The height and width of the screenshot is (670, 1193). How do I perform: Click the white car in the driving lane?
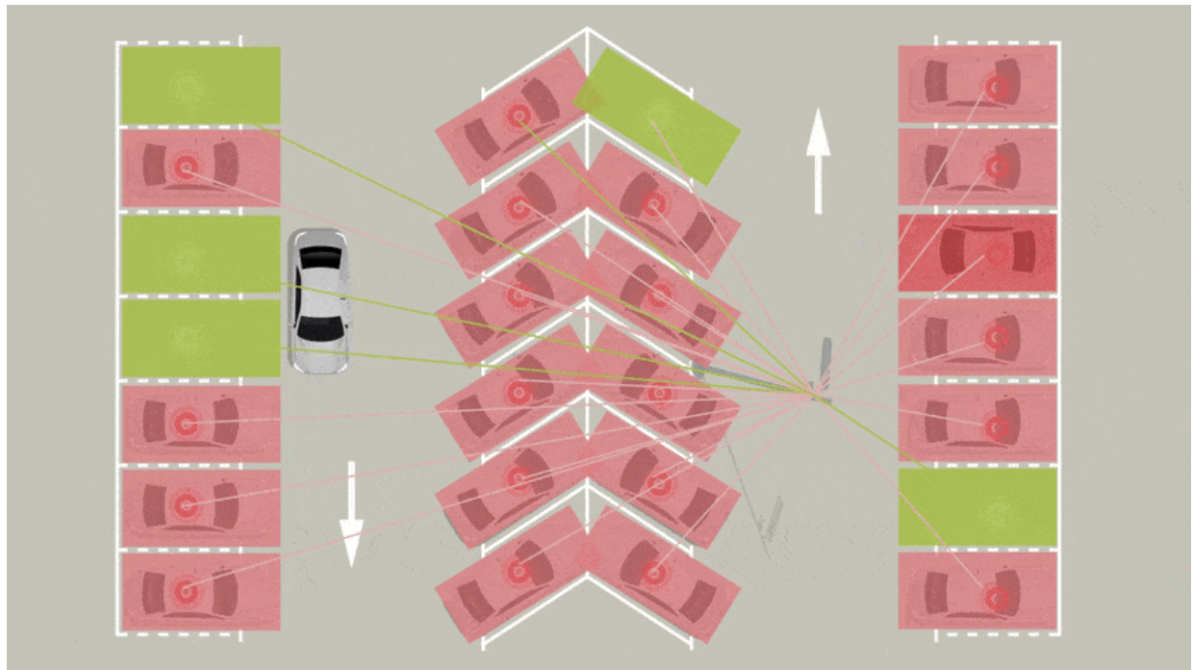[x=319, y=300]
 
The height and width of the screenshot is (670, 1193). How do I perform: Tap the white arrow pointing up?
[x=818, y=160]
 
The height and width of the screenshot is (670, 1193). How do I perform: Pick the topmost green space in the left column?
[x=199, y=86]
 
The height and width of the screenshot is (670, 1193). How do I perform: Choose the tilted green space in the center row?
[x=657, y=116]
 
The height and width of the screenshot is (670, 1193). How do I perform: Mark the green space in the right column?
[x=977, y=507]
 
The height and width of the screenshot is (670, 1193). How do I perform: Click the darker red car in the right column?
[x=977, y=253]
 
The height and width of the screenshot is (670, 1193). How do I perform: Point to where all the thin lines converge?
[x=815, y=394]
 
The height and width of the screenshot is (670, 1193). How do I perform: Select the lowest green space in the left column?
[x=199, y=338]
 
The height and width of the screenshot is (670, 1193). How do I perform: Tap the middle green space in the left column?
[x=199, y=254]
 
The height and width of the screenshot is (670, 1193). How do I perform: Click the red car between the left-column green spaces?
[x=199, y=168]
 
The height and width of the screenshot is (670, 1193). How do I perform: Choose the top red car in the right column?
[x=977, y=86]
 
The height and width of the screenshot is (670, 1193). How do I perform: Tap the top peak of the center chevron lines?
[x=587, y=31]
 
